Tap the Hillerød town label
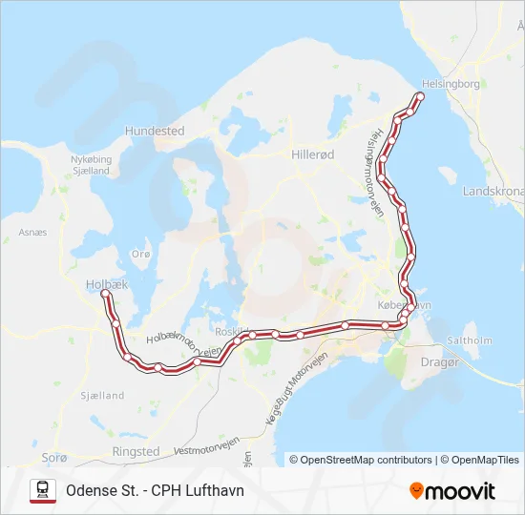pyautogui.click(x=312, y=153)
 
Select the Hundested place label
pyautogui.click(x=154, y=131)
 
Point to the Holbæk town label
pyautogui.click(x=106, y=283)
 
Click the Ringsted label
pyautogui.click(x=136, y=451)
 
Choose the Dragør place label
pyautogui.click(x=440, y=361)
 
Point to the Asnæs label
pyautogui.click(x=32, y=232)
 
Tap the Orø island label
pyautogui.click(x=141, y=254)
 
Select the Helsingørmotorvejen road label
pyautogui.click(x=377, y=172)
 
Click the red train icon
pyautogui.click(x=43, y=490)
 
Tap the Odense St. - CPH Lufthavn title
pyautogui.click(x=155, y=490)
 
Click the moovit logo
pyautogui.click(x=452, y=490)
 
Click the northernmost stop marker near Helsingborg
pyautogui.click(x=420, y=96)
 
